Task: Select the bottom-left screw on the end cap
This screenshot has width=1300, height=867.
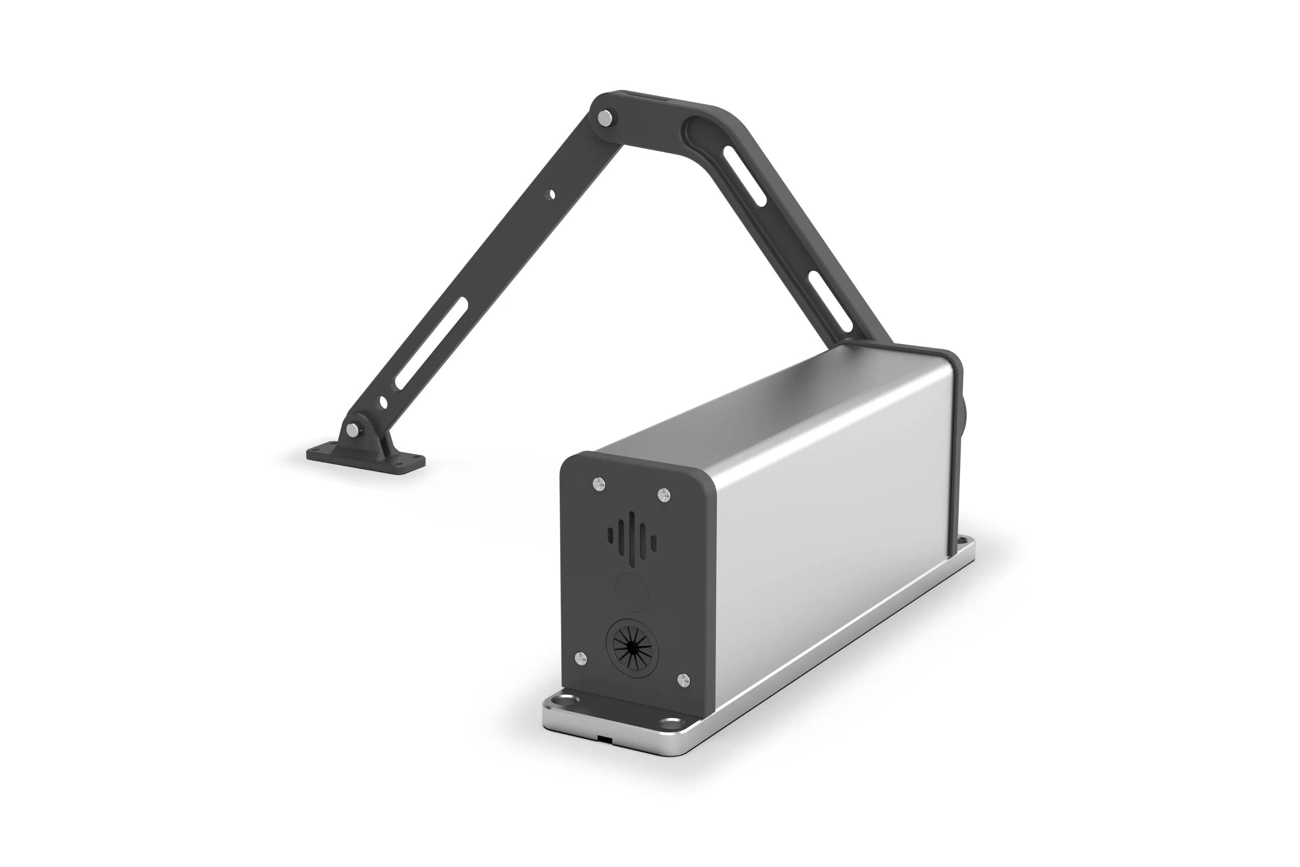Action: tap(580, 657)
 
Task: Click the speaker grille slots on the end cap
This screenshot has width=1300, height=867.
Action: tap(632, 536)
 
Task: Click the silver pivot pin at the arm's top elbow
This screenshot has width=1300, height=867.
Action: tap(607, 118)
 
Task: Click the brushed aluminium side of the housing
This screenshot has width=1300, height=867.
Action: tap(829, 498)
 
